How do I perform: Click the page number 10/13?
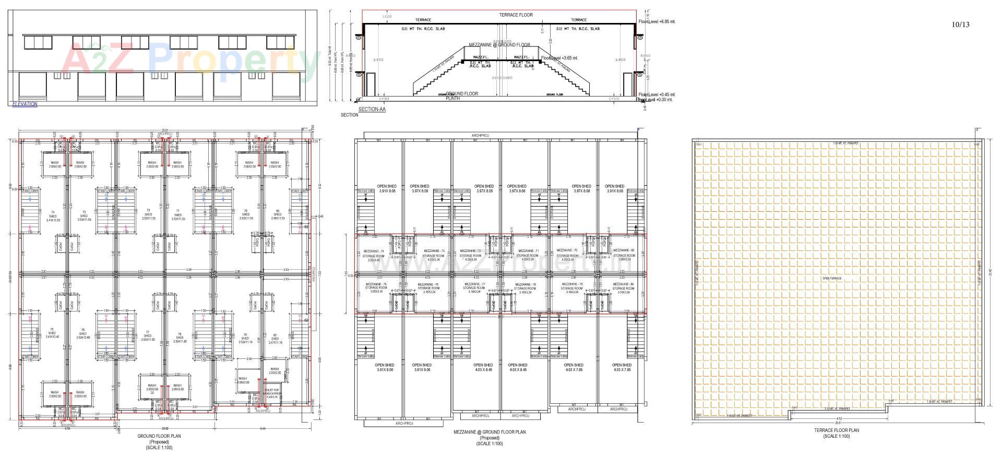(960, 25)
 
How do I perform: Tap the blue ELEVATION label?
(25, 104)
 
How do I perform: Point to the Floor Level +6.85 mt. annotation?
(657, 22)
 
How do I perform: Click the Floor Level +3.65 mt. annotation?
(559, 58)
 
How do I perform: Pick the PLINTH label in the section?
(452, 98)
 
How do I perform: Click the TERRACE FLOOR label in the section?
(516, 15)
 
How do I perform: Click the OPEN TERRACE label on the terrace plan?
(832, 279)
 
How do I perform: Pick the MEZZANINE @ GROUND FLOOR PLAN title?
(490, 432)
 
